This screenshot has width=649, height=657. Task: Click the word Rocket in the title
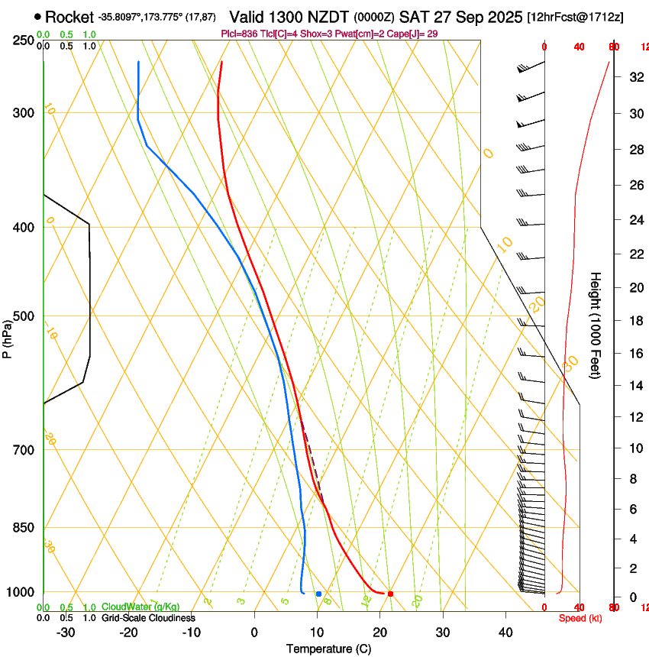[69, 17]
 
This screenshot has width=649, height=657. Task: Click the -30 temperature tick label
[66, 633]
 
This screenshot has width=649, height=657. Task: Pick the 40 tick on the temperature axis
[505, 633]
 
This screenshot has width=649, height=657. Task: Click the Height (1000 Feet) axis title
[596, 325]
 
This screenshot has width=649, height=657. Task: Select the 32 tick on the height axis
[634, 76]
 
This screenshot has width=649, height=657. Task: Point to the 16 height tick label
[634, 354]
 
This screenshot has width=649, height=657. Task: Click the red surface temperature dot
[390, 594]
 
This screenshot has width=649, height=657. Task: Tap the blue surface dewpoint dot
[318, 594]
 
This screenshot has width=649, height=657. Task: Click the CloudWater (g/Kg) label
[140, 607]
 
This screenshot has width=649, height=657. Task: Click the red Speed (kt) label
[580, 618]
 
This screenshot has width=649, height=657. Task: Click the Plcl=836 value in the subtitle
[239, 34]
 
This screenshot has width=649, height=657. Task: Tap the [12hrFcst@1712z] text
[575, 17]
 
